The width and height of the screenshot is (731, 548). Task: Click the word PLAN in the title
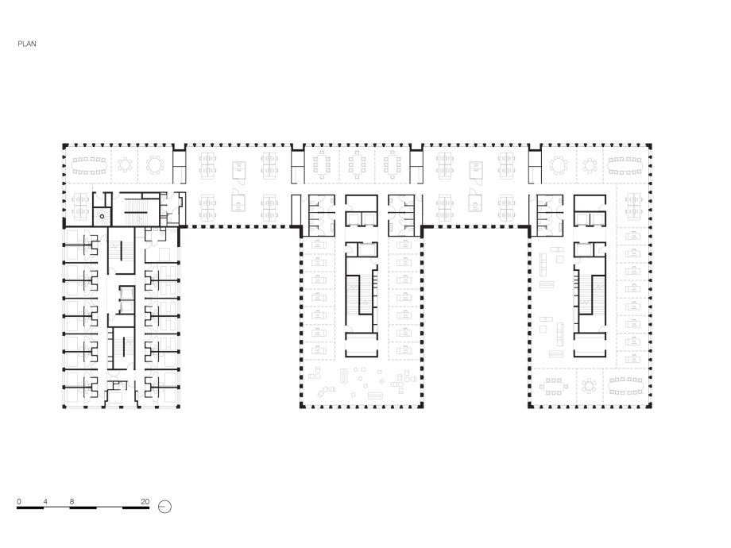[x=27, y=44]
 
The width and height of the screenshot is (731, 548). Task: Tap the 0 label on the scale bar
[x=18, y=501]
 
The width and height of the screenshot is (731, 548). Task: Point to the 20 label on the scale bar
[x=145, y=501]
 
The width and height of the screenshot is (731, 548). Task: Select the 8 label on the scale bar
[x=72, y=501]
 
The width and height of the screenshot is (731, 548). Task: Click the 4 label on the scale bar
[x=45, y=501]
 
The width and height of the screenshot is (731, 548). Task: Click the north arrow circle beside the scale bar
[x=165, y=507]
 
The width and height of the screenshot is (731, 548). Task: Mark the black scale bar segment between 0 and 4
[x=30, y=507]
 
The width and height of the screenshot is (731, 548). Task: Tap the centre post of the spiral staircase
[x=102, y=216]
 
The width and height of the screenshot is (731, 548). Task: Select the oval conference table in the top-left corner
[x=90, y=165]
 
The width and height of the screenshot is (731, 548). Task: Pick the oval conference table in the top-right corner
[x=625, y=165]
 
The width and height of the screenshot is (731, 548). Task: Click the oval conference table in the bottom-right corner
[x=625, y=385]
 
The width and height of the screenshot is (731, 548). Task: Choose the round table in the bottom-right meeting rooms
[x=590, y=386]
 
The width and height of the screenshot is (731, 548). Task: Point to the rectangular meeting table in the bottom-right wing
[x=554, y=386]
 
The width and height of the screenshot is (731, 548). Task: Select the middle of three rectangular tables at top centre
[x=357, y=164]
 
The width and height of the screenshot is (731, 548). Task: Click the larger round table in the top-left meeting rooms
[x=155, y=165]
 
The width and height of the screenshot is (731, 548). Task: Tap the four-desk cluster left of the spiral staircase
[x=80, y=206]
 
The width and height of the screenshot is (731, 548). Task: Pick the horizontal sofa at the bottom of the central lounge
[x=375, y=396]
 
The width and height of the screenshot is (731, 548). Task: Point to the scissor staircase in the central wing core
[x=361, y=299]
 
